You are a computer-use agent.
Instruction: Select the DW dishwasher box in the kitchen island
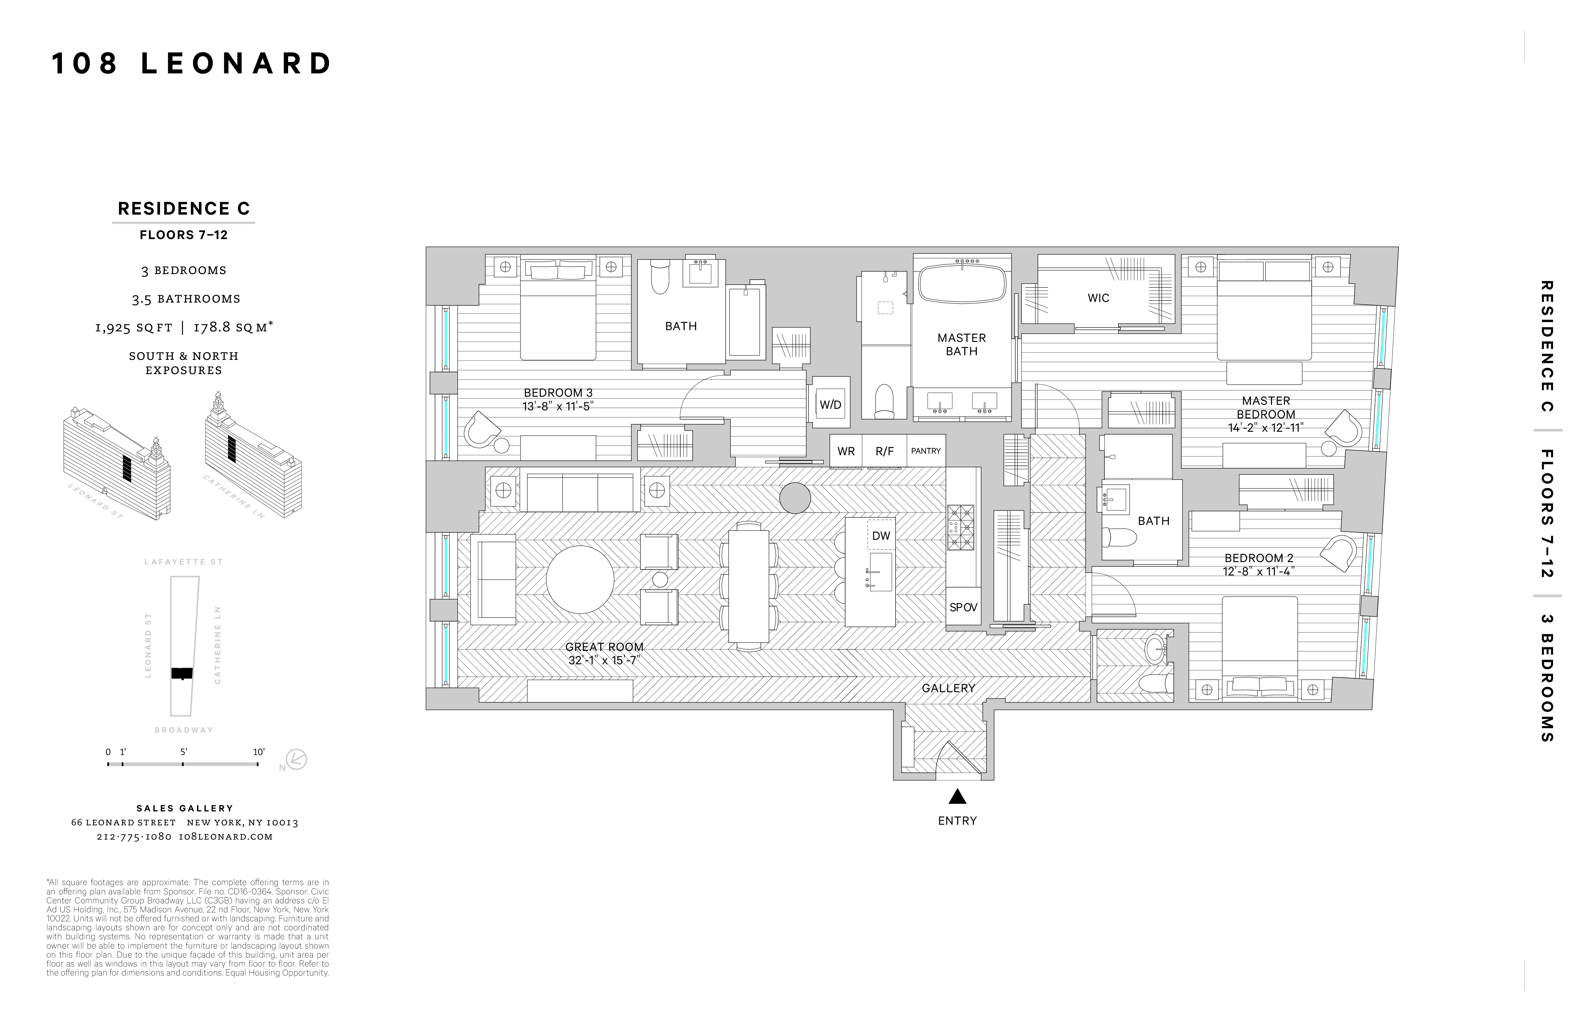click(x=881, y=535)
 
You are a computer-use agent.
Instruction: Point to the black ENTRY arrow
click(x=957, y=796)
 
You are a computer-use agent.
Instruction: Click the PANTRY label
click(x=925, y=451)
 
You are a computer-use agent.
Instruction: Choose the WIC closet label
click(x=1098, y=298)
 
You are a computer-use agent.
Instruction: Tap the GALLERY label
click(x=948, y=688)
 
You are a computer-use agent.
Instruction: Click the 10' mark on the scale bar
click(x=258, y=752)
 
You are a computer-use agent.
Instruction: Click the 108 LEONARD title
click(x=192, y=64)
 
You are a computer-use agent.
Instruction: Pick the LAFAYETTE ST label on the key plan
click(x=184, y=562)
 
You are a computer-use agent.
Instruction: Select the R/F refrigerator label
click(x=884, y=451)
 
